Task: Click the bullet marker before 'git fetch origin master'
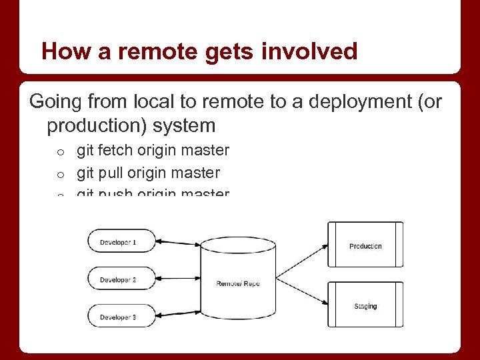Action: click(59, 153)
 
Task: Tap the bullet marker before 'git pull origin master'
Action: click(59, 175)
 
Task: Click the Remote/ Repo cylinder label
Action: click(237, 283)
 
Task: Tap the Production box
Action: click(365, 246)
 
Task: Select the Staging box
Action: click(365, 306)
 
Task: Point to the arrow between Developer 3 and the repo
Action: click(179, 312)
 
